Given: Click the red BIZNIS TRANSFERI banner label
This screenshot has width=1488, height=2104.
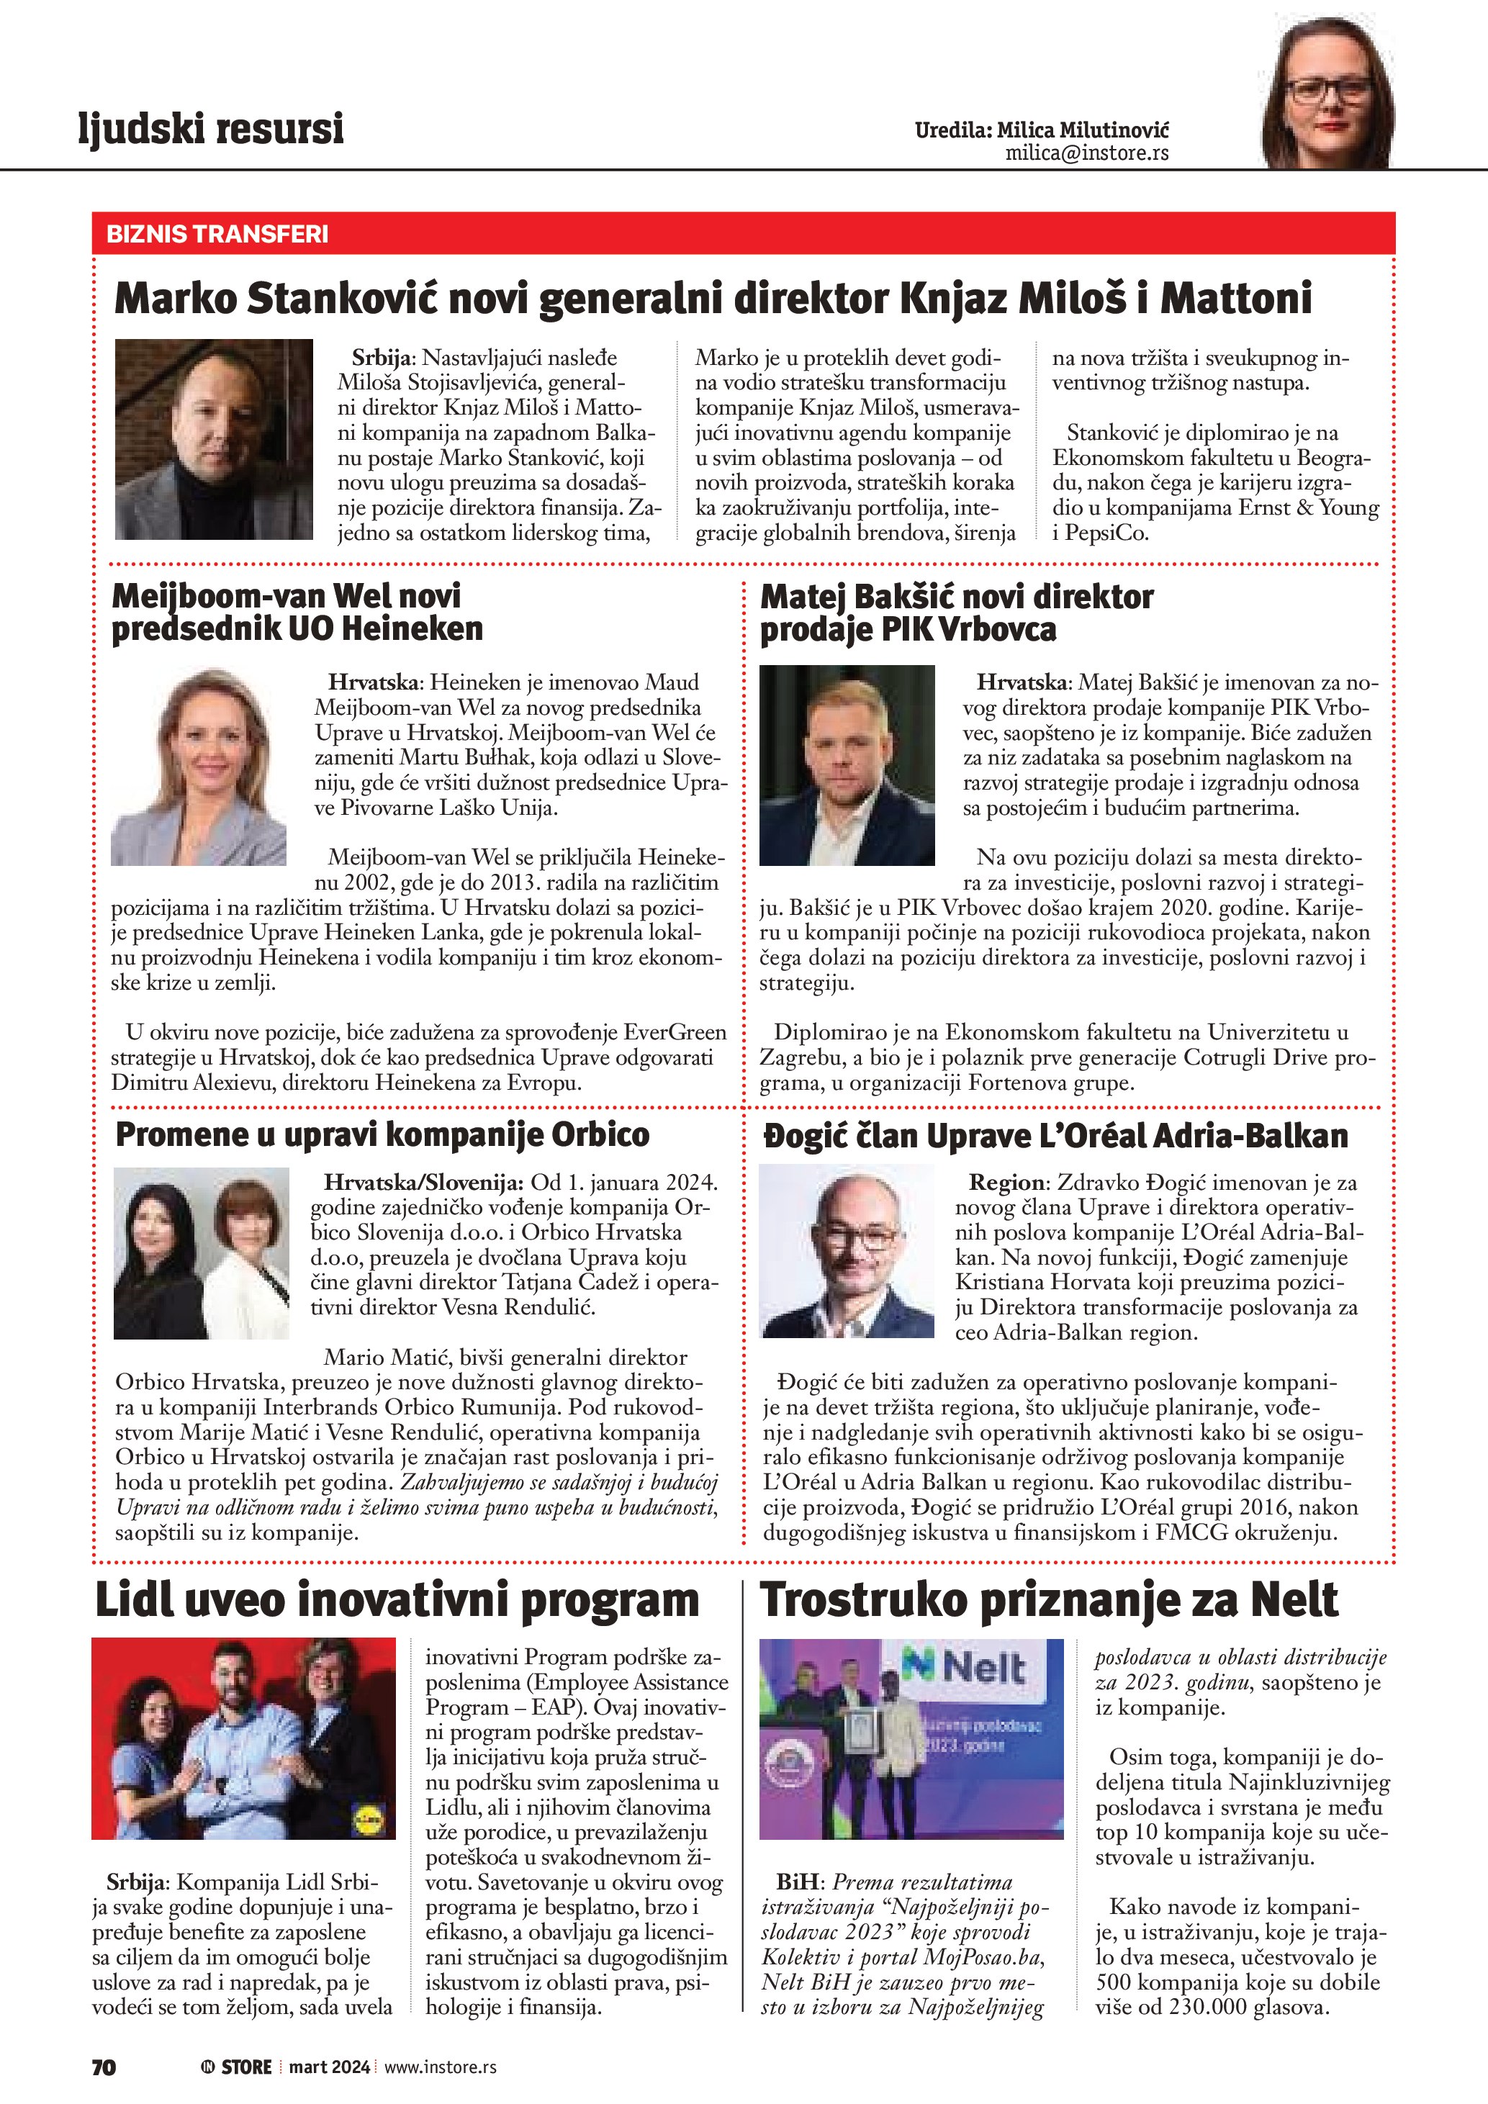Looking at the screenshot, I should [x=217, y=234].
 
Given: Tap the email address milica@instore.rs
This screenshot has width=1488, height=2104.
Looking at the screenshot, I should [x=1087, y=153].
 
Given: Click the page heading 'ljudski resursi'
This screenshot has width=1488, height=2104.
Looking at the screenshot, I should [x=211, y=128].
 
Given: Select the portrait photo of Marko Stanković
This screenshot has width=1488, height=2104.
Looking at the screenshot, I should [x=214, y=439].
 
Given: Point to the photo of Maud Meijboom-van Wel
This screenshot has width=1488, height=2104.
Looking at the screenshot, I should [x=199, y=766].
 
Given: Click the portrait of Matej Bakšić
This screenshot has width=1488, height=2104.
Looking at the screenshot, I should [x=847, y=765].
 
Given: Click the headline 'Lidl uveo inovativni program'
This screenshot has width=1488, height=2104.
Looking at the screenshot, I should [x=397, y=1601].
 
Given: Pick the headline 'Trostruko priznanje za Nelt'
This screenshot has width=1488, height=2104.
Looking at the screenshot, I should [x=1049, y=1601].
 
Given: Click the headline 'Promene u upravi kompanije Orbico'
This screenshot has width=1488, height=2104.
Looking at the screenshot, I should [x=382, y=1134].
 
